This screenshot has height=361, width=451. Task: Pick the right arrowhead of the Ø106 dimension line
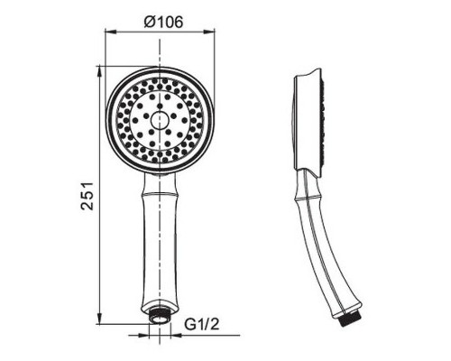click(x=212, y=34)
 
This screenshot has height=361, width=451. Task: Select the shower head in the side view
click(x=308, y=122)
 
